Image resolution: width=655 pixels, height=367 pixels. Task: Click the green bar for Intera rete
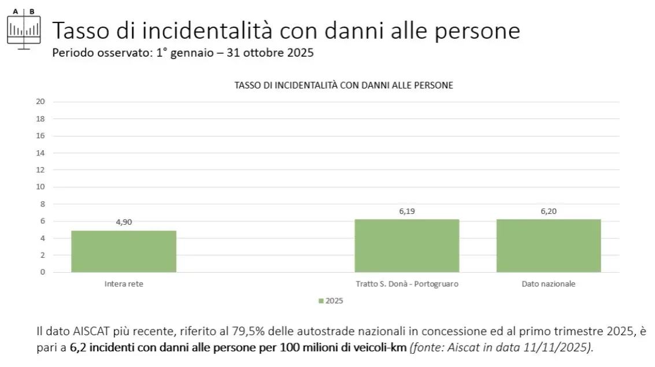click(x=124, y=251)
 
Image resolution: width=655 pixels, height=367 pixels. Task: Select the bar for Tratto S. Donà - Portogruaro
click(x=407, y=246)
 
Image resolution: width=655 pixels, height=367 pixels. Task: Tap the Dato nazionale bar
click(x=549, y=246)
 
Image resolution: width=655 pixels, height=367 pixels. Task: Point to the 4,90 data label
click(x=124, y=222)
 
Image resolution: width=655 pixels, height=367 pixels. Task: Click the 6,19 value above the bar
click(x=407, y=211)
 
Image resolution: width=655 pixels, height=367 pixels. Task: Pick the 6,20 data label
click(x=549, y=211)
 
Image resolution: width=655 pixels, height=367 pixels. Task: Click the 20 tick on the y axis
click(x=40, y=102)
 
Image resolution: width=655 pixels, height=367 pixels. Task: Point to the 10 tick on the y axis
click(x=40, y=187)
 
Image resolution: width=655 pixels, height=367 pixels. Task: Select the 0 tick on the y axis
click(x=42, y=272)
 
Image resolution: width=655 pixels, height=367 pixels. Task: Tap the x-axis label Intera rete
click(x=124, y=284)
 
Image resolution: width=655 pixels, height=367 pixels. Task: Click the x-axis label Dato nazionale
click(x=549, y=284)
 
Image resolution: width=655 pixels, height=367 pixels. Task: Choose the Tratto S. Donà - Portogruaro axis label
click(x=407, y=284)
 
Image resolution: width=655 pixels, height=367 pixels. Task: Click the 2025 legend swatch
click(x=321, y=301)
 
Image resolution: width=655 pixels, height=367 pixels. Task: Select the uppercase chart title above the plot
click(x=343, y=85)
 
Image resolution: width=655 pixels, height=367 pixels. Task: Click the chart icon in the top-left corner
click(x=24, y=28)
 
